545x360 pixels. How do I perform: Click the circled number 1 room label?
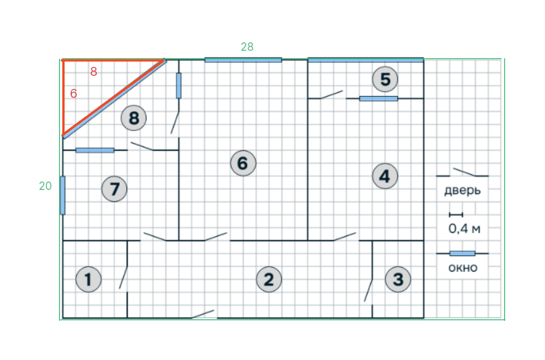click(x=88, y=279)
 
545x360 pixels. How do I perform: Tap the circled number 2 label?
click(x=269, y=279)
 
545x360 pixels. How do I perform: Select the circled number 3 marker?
click(x=398, y=279)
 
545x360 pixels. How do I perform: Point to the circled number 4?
click(x=385, y=176)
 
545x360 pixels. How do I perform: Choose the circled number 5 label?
click(x=385, y=80)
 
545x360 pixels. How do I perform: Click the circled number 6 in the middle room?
click(x=243, y=163)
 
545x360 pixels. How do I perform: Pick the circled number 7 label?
click(x=115, y=189)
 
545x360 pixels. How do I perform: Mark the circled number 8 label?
click(x=134, y=118)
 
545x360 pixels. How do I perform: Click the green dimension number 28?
click(x=247, y=47)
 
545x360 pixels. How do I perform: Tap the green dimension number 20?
click(x=45, y=186)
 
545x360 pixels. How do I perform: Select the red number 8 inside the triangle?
click(x=94, y=72)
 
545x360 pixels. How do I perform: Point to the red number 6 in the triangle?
click(x=73, y=94)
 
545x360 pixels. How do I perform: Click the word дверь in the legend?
click(x=462, y=190)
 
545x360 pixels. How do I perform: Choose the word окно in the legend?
click(x=463, y=268)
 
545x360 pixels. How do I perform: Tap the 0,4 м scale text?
click(x=464, y=229)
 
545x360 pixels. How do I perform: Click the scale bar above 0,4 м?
click(x=456, y=215)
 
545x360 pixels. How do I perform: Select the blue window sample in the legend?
click(x=462, y=253)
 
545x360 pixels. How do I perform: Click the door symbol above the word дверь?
click(x=462, y=172)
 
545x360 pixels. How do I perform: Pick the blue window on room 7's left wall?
click(x=63, y=195)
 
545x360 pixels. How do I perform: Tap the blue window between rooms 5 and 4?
click(x=379, y=99)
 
